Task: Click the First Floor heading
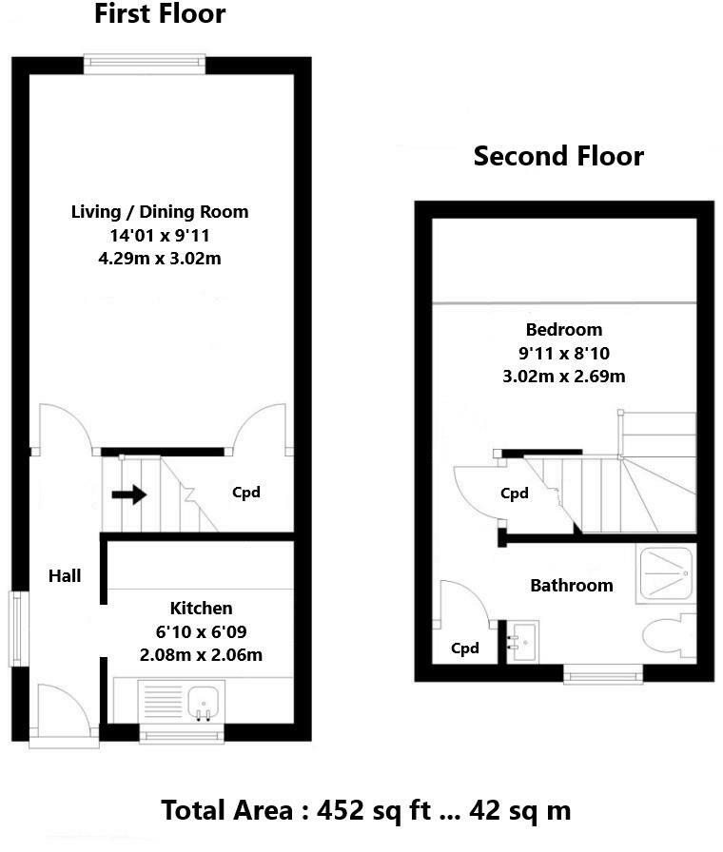tap(160, 14)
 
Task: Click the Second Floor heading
tap(558, 156)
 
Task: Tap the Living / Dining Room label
tap(160, 211)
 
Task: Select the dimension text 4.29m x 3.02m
tap(160, 258)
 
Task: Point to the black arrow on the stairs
tap(128, 494)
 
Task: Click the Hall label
tap(66, 575)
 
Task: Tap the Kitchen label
tap(201, 609)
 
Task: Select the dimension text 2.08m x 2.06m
tap(201, 654)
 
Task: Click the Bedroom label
tap(564, 330)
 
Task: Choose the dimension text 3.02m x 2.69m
tap(564, 376)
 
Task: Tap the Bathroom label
tap(571, 585)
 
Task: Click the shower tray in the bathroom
tap(667, 572)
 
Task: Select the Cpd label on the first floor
tap(246, 493)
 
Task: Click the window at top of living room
tap(145, 65)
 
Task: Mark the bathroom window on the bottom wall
tap(603, 674)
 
